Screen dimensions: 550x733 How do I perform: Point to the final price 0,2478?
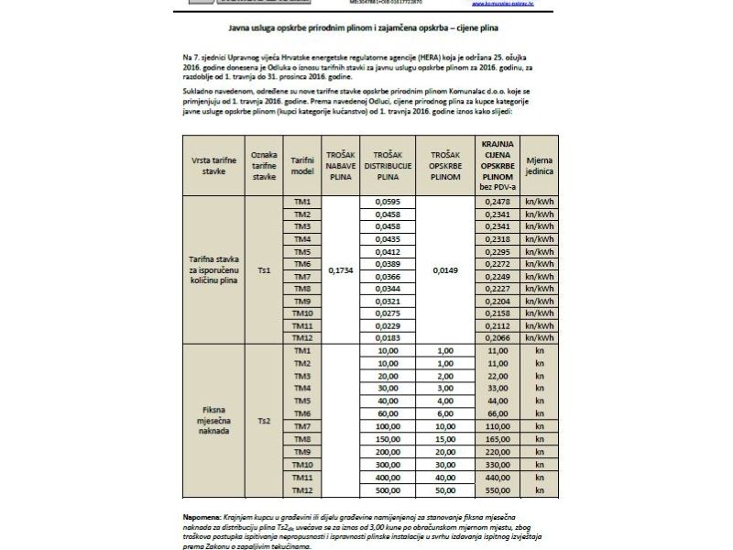point(498,202)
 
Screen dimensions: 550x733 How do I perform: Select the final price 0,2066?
point(498,338)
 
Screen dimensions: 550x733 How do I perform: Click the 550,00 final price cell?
point(498,490)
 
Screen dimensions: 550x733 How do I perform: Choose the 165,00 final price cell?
point(498,440)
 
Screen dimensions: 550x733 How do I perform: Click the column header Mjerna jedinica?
point(536,164)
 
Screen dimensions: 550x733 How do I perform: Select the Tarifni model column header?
point(302,164)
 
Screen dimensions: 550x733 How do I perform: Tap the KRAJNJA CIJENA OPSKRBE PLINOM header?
point(498,164)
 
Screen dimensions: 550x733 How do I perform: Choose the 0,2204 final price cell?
point(498,301)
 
